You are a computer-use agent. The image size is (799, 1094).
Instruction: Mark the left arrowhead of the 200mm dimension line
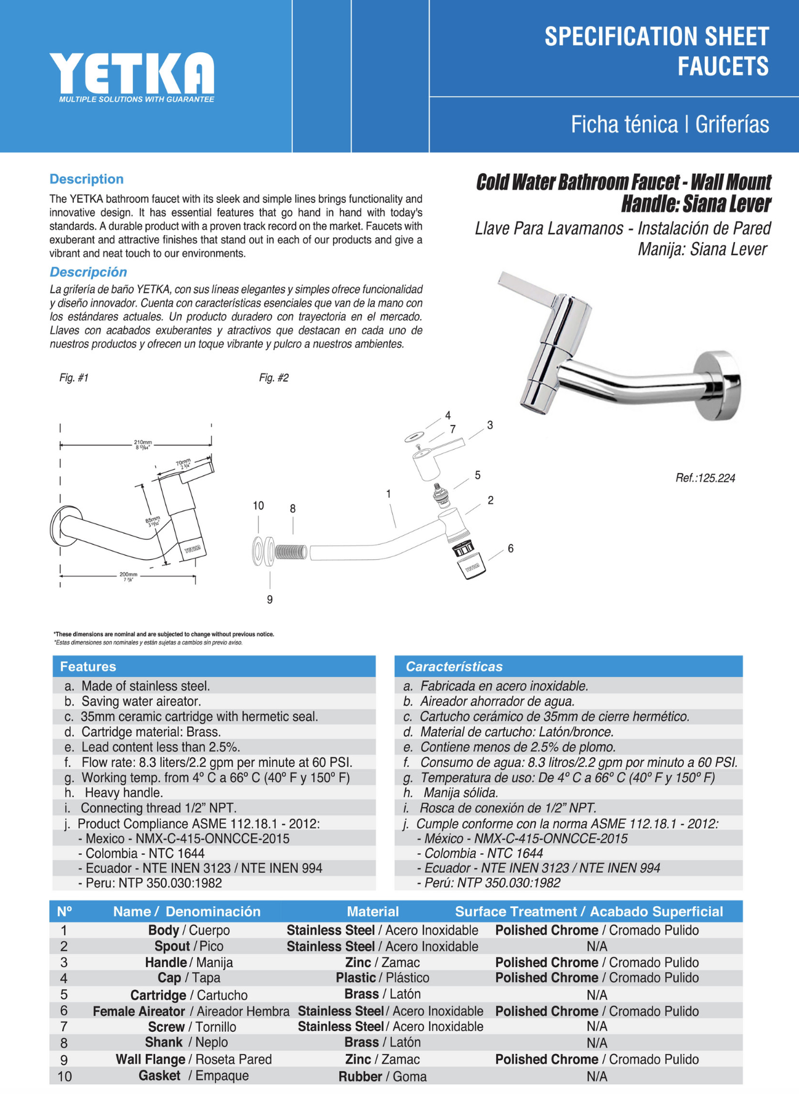[62, 577]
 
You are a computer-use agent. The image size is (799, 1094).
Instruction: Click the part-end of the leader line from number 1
[396, 528]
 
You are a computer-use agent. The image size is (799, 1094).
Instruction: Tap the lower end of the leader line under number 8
[293, 533]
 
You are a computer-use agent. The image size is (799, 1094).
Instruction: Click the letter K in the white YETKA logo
[156, 73]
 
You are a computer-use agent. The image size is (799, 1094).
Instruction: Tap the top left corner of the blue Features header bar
[53, 657]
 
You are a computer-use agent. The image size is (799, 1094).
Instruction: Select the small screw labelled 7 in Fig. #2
[419, 447]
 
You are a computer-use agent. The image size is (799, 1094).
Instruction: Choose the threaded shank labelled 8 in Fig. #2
[290, 551]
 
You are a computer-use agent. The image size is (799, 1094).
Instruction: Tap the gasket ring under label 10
[258, 551]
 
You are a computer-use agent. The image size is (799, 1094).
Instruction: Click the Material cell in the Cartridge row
[382, 994]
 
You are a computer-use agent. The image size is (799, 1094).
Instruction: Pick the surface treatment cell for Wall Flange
[597, 1060]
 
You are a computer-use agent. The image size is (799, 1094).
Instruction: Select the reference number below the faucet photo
[705, 478]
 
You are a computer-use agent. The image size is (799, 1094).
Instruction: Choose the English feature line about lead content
[152, 747]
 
